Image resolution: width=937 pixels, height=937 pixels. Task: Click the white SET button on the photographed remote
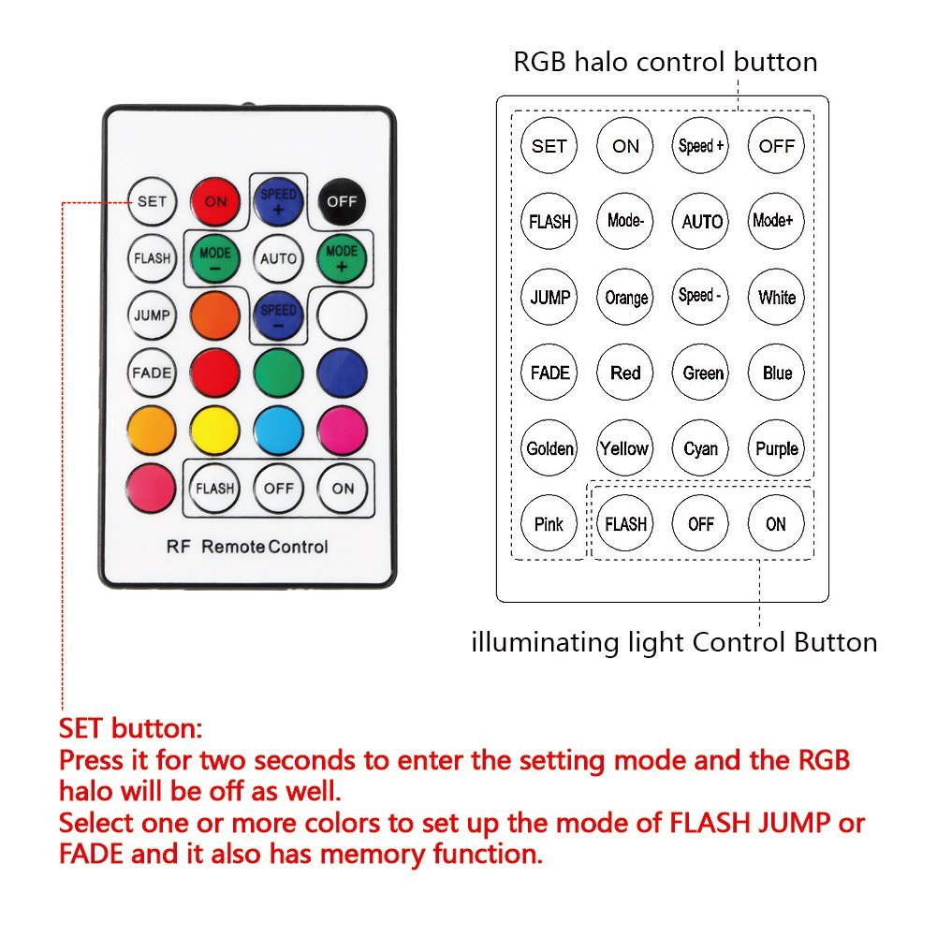[152, 201]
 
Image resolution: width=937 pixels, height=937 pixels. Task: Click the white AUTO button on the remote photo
[278, 258]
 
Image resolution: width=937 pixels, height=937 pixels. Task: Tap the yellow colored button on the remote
[215, 431]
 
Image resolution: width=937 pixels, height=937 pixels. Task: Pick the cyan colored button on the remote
[278, 431]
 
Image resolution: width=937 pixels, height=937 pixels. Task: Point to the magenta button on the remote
[342, 431]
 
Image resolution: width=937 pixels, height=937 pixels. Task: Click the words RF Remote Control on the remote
[247, 547]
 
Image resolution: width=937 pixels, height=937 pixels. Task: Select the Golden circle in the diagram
[549, 448]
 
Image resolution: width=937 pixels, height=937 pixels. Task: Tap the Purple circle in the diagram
[777, 448]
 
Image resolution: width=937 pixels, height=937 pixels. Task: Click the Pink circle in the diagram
[549, 524]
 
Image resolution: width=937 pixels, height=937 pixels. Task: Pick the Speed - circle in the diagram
[701, 297]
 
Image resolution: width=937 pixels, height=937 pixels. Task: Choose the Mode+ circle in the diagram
[777, 221]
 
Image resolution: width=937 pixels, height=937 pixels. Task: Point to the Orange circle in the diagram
[625, 297]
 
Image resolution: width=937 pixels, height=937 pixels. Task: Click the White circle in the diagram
[777, 297]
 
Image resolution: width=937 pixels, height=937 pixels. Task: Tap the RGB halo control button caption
[665, 62]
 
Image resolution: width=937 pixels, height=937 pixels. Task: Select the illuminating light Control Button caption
[674, 642]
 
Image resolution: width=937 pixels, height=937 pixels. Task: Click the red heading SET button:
[130, 728]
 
